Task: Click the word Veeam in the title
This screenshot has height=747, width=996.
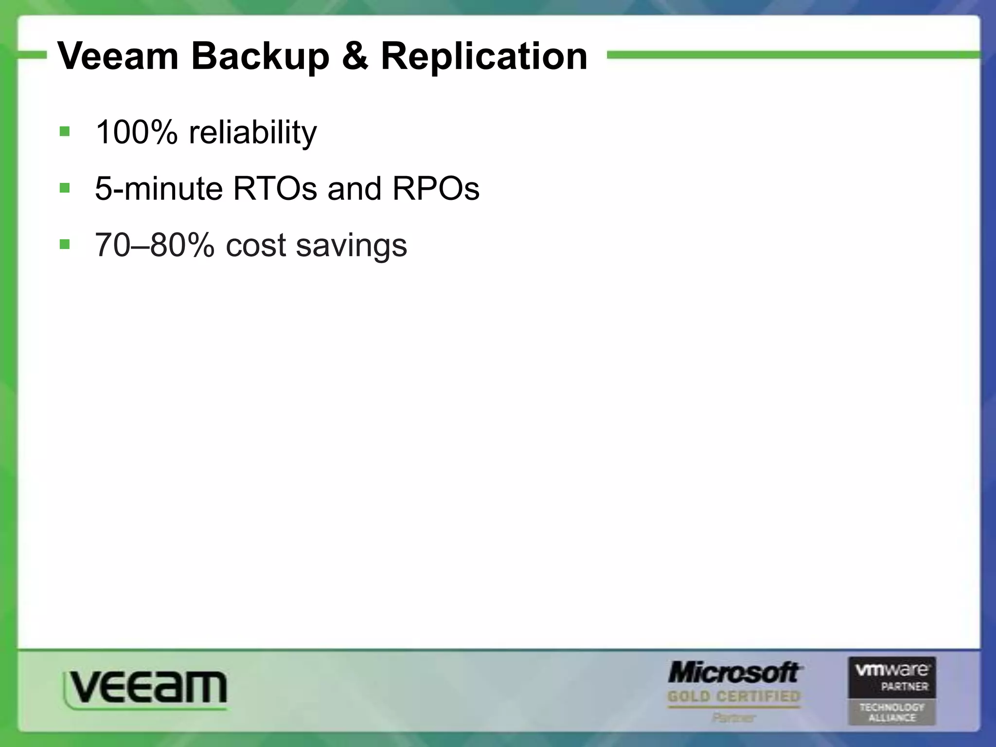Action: pyautogui.click(x=118, y=56)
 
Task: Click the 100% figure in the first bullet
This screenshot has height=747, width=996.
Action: pyautogui.click(x=136, y=132)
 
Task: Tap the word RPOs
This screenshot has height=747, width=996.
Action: pyautogui.click(x=436, y=189)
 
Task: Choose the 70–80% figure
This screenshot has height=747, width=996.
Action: pyautogui.click(x=154, y=245)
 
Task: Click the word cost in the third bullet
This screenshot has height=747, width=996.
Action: pyautogui.click(x=255, y=246)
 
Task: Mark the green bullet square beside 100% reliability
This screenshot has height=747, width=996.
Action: pyautogui.click(x=64, y=132)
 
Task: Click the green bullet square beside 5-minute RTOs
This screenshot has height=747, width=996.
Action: pyautogui.click(x=64, y=188)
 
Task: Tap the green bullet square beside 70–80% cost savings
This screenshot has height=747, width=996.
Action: pyautogui.click(x=64, y=244)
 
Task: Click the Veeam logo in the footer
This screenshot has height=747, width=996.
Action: pyautogui.click(x=145, y=689)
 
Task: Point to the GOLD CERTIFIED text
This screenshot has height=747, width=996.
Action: pyautogui.click(x=733, y=696)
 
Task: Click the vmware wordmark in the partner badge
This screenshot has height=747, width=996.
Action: pyautogui.click(x=891, y=671)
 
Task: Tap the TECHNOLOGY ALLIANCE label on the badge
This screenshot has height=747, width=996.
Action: pyautogui.click(x=891, y=712)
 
